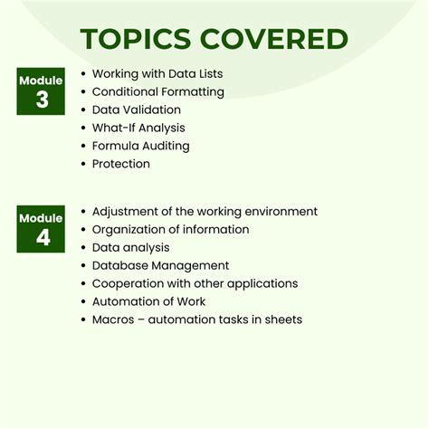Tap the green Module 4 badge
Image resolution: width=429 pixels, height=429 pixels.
click(41, 230)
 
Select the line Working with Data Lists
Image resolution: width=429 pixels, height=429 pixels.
click(157, 73)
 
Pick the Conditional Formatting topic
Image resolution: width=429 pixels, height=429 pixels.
click(158, 91)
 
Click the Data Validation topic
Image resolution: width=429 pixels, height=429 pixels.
click(136, 110)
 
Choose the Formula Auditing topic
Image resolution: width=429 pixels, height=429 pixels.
click(140, 146)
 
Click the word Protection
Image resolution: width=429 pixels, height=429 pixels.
click(121, 164)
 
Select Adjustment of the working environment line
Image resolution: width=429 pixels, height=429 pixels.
click(205, 211)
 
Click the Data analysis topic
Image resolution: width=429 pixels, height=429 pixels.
click(130, 247)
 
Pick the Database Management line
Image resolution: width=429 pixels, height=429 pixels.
click(160, 265)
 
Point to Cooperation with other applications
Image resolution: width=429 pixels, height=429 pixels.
click(195, 283)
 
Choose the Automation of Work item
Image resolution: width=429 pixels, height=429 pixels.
click(148, 301)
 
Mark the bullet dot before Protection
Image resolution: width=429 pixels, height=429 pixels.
click(83, 164)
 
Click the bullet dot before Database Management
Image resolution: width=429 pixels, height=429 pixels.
click(83, 265)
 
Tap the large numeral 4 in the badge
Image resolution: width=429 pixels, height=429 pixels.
click(43, 239)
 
